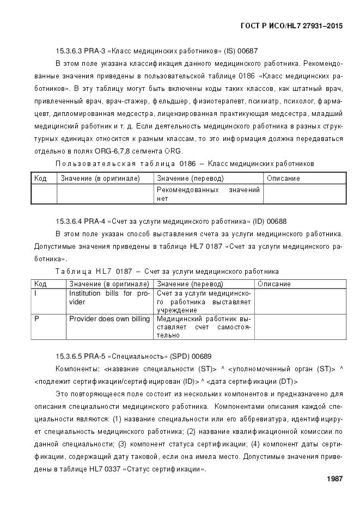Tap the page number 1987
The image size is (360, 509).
[334, 479]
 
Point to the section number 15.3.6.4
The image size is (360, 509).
[69, 221]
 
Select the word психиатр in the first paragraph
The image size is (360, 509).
[261, 101]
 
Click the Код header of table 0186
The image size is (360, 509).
[40, 179]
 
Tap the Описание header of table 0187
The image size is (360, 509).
[274, 284]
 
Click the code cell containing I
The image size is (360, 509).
[36, 293]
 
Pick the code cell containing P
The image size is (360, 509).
[36, 318]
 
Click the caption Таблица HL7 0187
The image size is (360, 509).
[94, 271]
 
